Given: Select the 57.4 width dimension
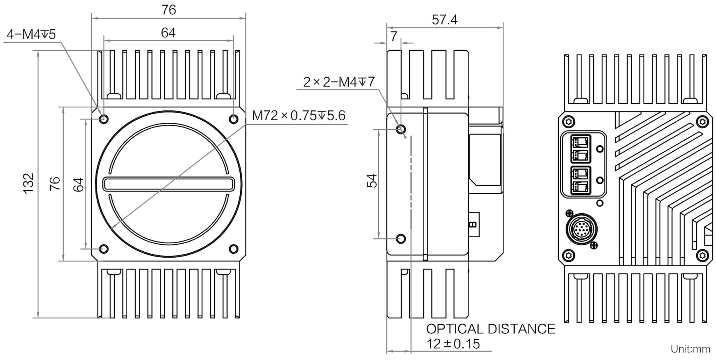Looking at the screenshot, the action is click(x=444, y=20).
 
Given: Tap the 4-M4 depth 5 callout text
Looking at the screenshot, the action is click(x=31, y=34).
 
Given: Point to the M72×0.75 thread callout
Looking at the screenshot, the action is click(x=299, y=115).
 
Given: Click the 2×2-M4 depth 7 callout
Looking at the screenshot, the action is click(x=339, y=82).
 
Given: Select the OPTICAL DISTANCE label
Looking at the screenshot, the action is click(x=491, y=329).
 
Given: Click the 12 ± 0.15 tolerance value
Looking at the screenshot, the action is click(x=453, y=344).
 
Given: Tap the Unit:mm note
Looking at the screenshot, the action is click(x=690, y=349).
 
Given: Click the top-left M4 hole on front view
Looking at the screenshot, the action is click(x=104, y=119).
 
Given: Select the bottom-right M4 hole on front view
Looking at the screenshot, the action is click(x=233, y=249).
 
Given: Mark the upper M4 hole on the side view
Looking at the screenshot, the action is click(x=401, y=129).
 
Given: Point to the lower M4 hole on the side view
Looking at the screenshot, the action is click(x=401, y=239).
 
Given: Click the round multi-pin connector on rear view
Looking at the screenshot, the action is click(x=581, y=229).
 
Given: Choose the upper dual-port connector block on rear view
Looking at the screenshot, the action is click(x=581, y=149).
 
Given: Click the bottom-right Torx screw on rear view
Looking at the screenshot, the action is click(x=702, y=255).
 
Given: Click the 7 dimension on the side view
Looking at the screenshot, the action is click(x=394, y=36).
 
